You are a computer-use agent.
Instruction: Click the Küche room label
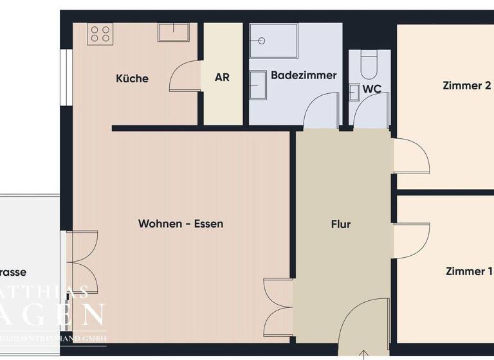(x=132, y=78)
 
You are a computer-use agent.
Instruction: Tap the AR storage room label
(x=223, y=78)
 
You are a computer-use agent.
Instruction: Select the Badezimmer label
(x=304, y=75)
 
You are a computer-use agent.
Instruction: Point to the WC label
(x=372, y=89)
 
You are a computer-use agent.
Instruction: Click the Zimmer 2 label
(x=467, y=85)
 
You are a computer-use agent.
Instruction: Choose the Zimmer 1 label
(x=468, y=271)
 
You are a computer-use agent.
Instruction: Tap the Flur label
(x=341, y=224)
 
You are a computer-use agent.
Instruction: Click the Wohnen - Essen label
(x=181, y=224)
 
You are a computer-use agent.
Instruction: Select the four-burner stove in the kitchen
(x=100, y=33)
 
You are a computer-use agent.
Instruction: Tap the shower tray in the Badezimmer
(x=274, y=41)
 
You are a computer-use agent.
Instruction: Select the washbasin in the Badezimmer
(x=259, y=84)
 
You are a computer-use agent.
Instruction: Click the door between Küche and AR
(x=186, y=76)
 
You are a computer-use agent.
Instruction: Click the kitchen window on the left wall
(x=64, y=77)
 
